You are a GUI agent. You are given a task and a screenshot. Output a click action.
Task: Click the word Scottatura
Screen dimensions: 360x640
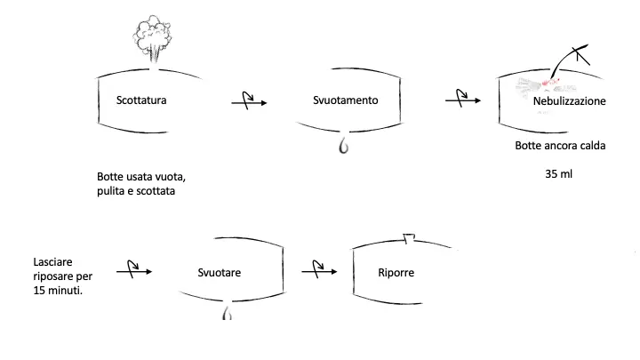(x=141, y=100)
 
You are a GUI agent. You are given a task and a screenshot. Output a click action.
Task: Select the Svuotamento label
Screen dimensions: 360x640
(x=346, y=100)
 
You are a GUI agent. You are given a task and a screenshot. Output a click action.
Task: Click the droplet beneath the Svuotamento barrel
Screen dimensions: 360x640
(x=343, y=145)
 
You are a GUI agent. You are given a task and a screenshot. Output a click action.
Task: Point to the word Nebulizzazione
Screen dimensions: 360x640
(x=569, y=101)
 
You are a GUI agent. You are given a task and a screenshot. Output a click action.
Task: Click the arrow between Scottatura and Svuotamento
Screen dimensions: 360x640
(x=249, y=103)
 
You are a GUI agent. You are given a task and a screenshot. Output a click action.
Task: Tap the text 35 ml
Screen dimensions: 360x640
(x=559, y=173)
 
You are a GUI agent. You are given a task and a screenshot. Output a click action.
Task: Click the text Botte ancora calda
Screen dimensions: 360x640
(x=560, y=146)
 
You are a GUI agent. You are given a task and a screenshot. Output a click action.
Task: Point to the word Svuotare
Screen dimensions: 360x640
(x=220, y=272)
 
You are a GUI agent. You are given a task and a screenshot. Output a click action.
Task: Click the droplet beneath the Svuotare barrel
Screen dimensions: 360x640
(x=227, y=315)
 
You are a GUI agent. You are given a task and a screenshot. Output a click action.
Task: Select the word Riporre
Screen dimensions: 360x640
(x=396, y=272)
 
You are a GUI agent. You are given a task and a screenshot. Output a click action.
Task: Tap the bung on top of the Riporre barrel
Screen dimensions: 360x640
(x=410, y=238)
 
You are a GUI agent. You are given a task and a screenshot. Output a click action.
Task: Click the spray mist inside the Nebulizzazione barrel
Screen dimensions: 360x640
(x=539, y=86)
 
